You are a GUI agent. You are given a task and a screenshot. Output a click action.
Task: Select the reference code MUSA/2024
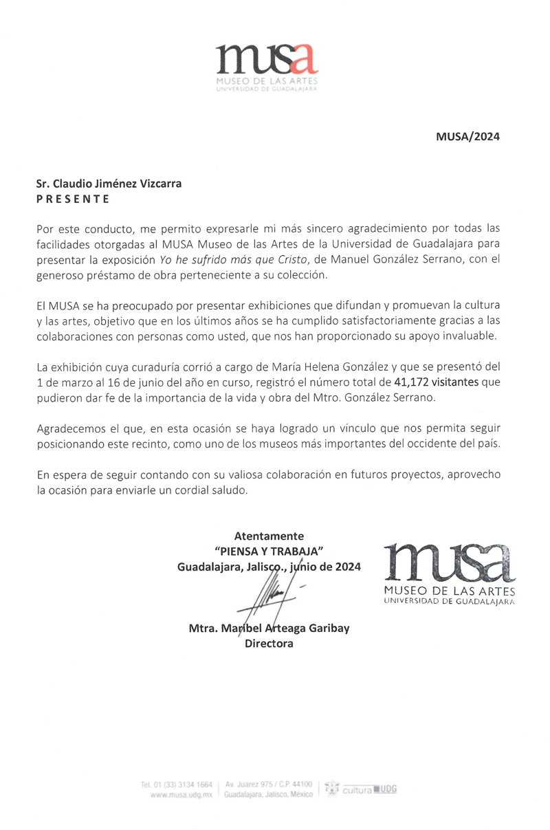467,136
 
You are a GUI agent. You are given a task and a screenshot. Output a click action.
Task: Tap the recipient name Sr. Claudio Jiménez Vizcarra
109,184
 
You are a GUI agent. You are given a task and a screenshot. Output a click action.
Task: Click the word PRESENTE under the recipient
72,199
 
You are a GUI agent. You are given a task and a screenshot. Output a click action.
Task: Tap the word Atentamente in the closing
269,536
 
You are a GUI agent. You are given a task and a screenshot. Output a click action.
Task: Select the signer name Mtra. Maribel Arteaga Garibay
269,629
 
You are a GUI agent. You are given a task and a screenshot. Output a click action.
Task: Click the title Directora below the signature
269,644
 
